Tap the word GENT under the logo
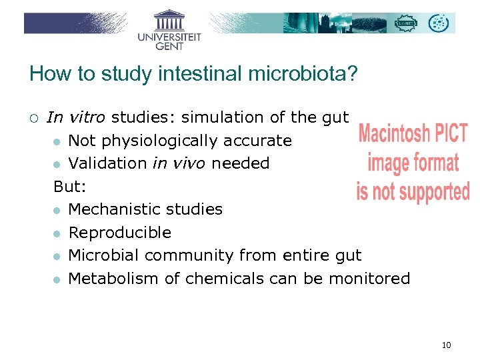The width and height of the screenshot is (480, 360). [169, 47]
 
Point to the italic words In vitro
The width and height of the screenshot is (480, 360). [76, 118]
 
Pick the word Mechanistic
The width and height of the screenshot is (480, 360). [110, 209]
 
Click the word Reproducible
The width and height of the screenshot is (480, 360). [120, 233]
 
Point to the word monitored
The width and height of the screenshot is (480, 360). [369, 279]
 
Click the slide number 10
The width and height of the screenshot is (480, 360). [446, 345]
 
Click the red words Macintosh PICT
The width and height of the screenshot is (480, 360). [413, 133]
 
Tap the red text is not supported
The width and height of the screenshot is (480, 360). [413, 191]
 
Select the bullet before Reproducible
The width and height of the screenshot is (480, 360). [57, 233]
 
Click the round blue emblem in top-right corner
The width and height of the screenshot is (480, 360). [439, 23]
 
